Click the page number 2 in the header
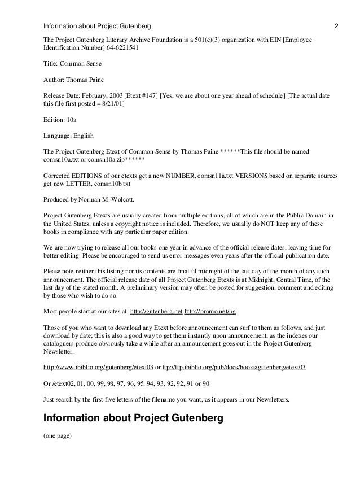[336, 26]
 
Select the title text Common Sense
[79, 64]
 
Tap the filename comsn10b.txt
[89, 184]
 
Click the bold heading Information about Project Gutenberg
[129, 419]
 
